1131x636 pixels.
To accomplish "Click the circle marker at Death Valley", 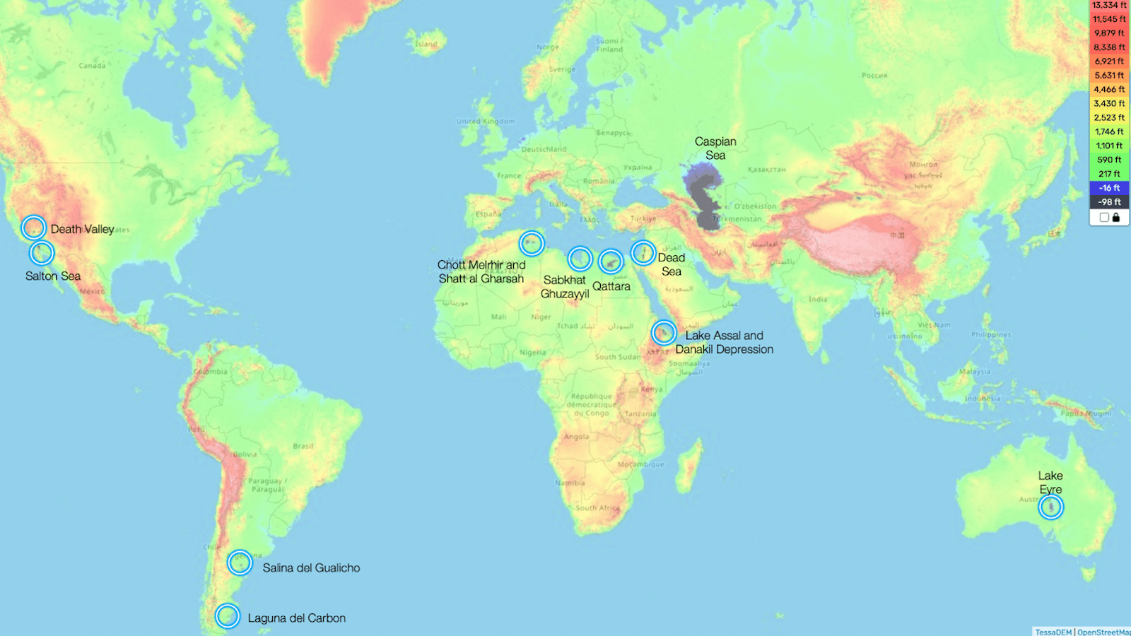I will coord(33,228).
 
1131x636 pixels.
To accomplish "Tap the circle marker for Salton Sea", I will coord(42,252).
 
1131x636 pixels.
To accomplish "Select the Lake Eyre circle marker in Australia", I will coord(1050,507).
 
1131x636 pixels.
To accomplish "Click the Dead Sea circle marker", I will coord(643,252).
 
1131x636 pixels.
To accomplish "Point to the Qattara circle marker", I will coord(611,261).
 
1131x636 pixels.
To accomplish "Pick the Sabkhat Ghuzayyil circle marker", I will coord(580,259).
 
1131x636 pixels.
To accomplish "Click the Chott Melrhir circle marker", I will coord(532,243).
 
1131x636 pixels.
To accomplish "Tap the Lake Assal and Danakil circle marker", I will coord(663,332).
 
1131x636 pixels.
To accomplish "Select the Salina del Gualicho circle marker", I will coord(240,563).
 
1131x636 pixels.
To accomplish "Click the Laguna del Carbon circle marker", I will coord(227,616).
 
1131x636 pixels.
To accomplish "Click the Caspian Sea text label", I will coord(715,148).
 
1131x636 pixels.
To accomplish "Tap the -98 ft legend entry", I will coord(1109,202).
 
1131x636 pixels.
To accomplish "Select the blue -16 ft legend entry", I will coord(1109,188).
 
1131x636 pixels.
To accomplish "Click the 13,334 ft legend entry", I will coord(1109,6).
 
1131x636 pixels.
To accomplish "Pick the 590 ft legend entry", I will coord(1109,160).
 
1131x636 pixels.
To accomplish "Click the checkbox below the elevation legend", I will coord(1104,218).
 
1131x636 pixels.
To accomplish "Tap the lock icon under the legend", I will coord(1116,218).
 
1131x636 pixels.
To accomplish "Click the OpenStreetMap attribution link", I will coord(1103,632).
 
